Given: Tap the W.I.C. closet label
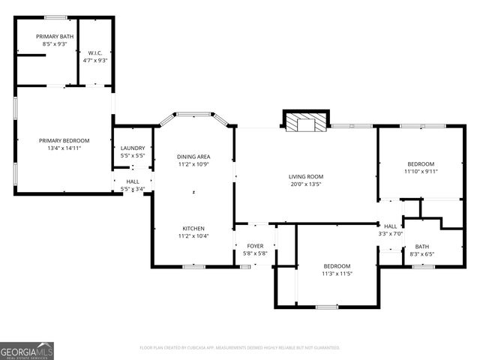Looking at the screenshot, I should click(x=94, y=52).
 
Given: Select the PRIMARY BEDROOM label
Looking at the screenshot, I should click(x=64, y=140).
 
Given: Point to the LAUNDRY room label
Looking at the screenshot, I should click(x=133, y=148).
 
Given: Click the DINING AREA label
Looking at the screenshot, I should click(x=193, y=156).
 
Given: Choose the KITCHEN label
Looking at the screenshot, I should click(x=193, y=228).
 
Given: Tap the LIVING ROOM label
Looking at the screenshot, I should click(x=305, y=176).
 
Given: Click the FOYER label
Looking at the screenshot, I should click(x=255, y=245).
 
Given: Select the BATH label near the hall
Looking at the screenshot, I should click(x=422, y=246).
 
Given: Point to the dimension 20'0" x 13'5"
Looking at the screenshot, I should click(x=305, y=184).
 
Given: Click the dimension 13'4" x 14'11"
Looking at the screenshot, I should click(x=64, y=148).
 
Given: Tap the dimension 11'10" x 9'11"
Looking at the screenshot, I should click(x=421, y=171).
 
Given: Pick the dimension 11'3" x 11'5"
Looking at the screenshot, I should click(x=337, y=273).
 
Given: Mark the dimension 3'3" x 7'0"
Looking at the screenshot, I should click(x=391, y=233).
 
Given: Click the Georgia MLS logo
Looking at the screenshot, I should click(x=27, y=350).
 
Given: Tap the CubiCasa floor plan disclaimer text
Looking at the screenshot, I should click(x=240, y=347).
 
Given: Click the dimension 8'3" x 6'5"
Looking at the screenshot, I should click(x=422, y=253).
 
